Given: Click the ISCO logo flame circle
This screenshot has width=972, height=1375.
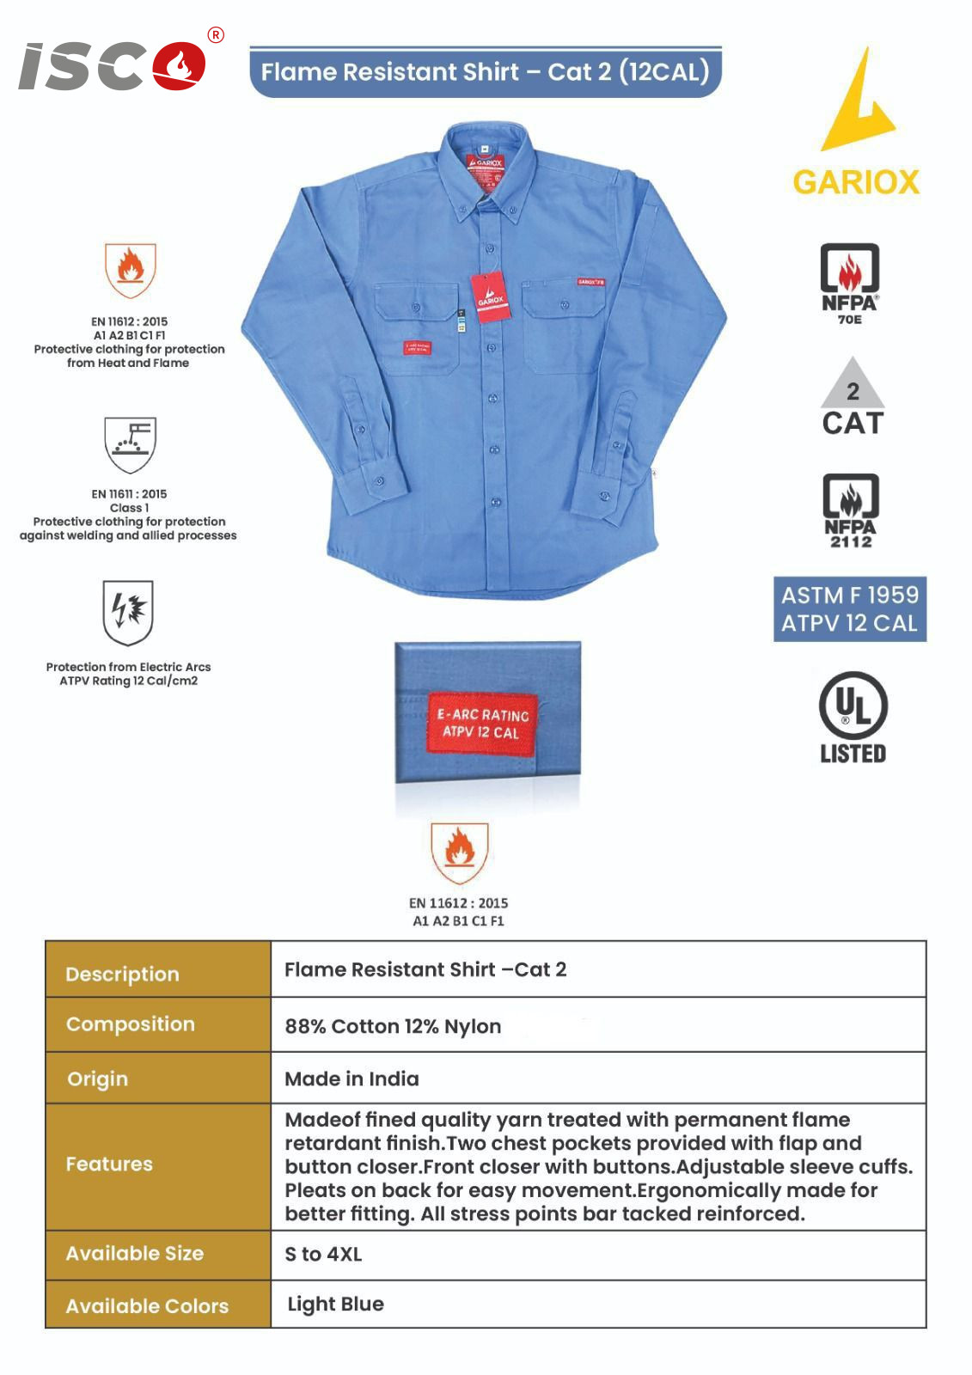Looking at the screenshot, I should pyautogui.click(x=180, y=66).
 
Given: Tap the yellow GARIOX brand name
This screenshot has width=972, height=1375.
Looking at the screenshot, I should pyautogui.click(x=855, y=182).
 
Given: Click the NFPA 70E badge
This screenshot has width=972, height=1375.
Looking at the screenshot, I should pyautogui.click(x=849, y=283).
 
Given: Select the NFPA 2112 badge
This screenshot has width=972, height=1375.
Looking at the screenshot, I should pyautogui.click(x=850, y=510).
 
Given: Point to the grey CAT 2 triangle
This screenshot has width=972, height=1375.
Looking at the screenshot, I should pyautogui.click(x=852, y=385).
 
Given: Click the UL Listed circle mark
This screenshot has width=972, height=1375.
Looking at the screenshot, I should pyautogui.click(x=853, y=706).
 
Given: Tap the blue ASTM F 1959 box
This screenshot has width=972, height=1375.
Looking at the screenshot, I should pyautogui.click(x=849, y=608).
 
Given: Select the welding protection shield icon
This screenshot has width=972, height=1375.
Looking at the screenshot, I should pyautogui.click(x=130, y=443).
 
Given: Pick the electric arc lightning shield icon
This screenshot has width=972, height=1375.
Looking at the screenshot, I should pyautogui.click(x=128, y=611).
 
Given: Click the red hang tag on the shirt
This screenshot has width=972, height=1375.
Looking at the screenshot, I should pyautogui.click(x=490, y=296).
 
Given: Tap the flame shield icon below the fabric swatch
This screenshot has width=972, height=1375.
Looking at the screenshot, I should pyautogui.click(x=460, y=852).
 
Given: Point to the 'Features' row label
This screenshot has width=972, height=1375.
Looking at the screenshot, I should pyautogui.click(x=109, y=1164).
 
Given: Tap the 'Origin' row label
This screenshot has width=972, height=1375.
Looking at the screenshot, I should pyautogui.click(x=97, y=1079).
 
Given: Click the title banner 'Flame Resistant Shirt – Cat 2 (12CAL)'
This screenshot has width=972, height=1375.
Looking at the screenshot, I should pyautogui.click(x=485, y=71).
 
